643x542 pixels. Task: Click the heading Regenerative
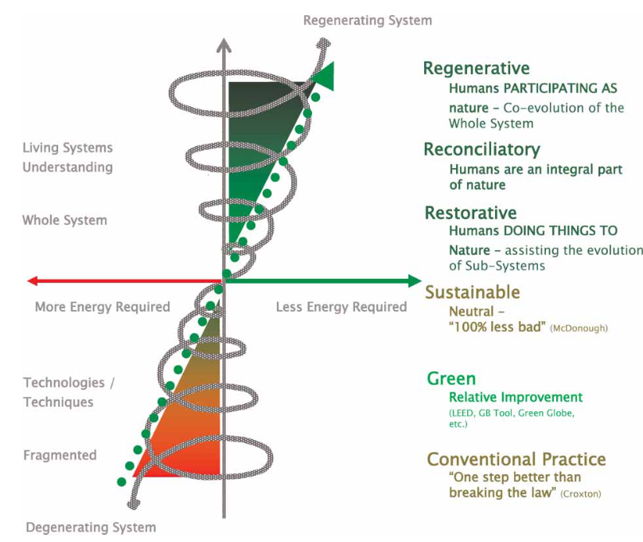476,69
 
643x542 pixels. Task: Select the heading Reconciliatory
481,150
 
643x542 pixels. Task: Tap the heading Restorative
470,213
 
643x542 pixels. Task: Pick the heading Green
451,379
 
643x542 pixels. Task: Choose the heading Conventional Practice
516,459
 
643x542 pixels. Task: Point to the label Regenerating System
368,20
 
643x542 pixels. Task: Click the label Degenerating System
92,527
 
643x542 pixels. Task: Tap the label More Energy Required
102,307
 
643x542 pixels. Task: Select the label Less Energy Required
341,307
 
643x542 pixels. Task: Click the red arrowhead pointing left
33,281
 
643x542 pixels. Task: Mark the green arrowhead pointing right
414,281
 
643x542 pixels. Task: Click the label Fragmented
60,455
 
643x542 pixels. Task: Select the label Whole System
64,220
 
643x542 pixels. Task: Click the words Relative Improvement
516,397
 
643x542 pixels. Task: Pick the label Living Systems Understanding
68,157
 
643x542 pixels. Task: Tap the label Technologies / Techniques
69,392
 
